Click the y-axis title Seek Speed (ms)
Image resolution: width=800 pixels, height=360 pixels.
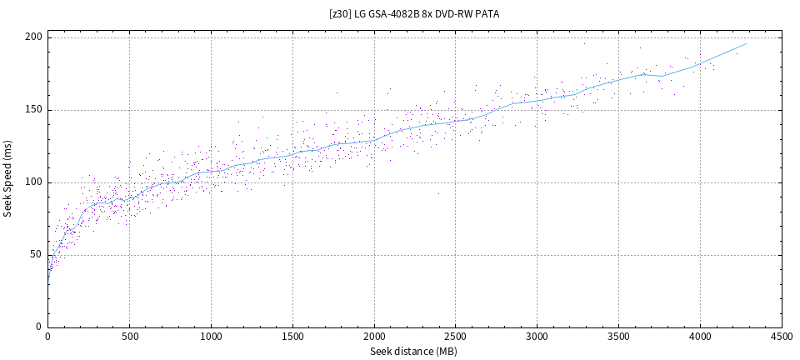pyautogui.click(x=8, y=181)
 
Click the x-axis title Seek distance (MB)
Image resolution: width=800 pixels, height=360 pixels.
pyautogui.click(x=414, y=351)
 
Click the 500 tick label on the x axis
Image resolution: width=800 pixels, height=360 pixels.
pyautogui.click(x=129, y=337)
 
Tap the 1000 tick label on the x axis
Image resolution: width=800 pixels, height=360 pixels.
pyautogui.click(x=211, y=337)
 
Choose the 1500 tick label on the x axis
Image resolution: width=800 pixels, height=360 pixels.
pyautogui.click(x=292, y=337)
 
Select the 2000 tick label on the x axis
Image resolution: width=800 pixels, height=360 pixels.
pyautogui.click(x=374, y=337)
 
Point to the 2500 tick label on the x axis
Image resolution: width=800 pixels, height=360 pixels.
pyautogui.click(x=456, y=337)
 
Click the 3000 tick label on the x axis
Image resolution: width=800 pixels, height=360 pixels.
pyautogui.click(x=537, y=337)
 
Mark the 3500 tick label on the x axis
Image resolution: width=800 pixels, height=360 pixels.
pyautogui.click(x=618, y=337)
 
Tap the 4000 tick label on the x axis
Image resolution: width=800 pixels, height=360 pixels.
pyautogui.click(x=700, y=337)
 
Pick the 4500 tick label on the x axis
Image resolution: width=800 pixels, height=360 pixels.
pyautogui.click(x=782, y=337)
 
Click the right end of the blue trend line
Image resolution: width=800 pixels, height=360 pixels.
pyautogui.click(x=746, y=43)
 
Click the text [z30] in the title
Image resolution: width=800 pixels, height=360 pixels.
pyautogui.click(x=340, y=14)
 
